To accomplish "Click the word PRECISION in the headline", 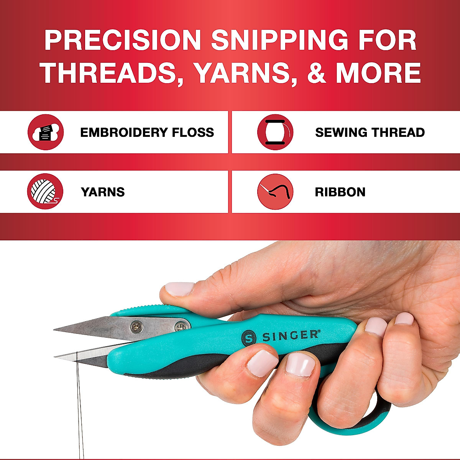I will [123, 40].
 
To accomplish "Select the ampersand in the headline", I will [316, 73].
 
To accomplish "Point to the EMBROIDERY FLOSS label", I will [147, 132].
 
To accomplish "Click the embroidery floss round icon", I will [46, 132].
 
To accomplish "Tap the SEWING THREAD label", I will [370, 132].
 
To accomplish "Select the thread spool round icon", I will [275, 132].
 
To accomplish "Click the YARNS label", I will [103, 192].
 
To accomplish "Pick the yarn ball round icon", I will [45, 191].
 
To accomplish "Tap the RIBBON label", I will [340, 192].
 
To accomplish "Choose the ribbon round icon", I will [275, 192].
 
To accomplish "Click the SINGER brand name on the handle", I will [290, 336].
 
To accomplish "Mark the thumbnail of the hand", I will [179, 288].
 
